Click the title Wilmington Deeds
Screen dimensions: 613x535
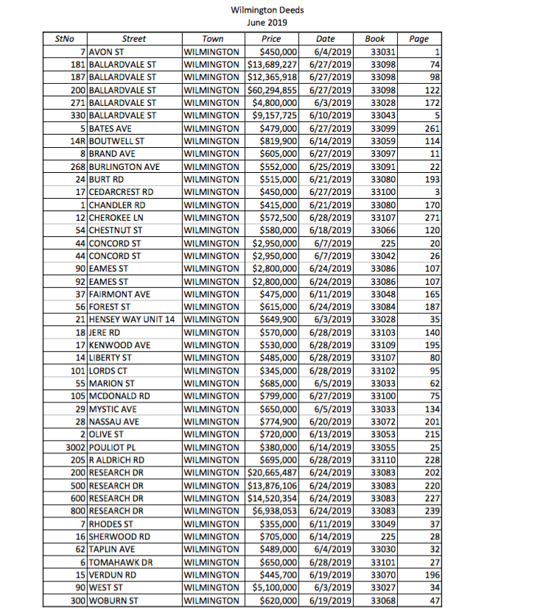[267, 10]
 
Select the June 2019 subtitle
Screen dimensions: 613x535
[267, 22]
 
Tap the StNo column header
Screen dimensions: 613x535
[65, 39]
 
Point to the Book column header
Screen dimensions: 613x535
[374, 39]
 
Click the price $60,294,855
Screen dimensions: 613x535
[270, 89]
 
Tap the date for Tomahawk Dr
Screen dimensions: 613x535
[327, 562]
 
